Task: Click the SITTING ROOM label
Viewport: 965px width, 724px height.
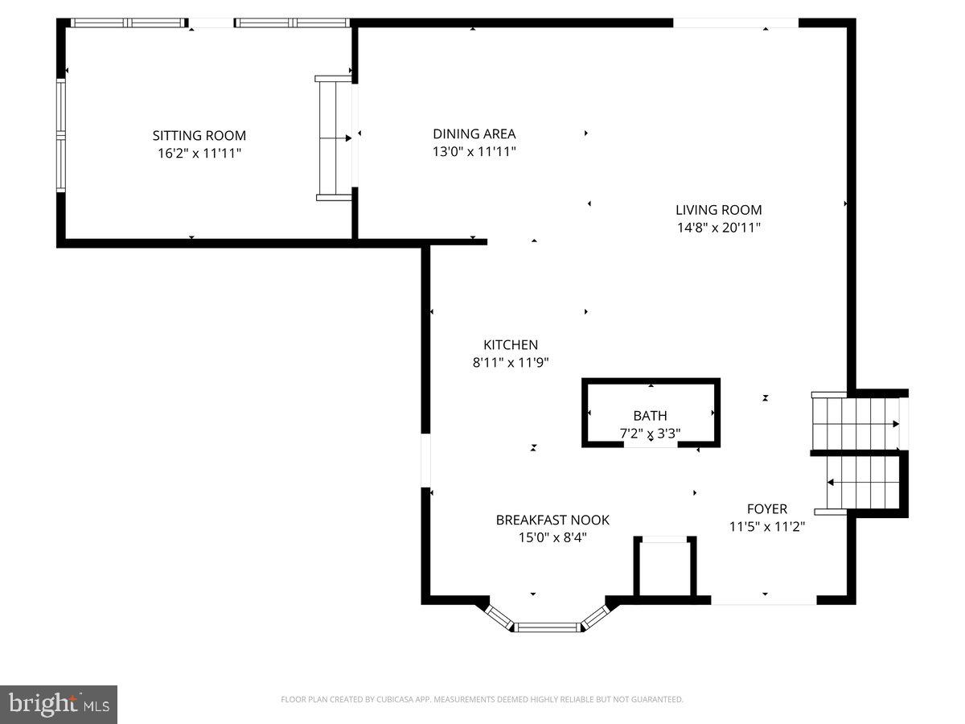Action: [199, 136]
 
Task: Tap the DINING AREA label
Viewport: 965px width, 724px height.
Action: [474, 134]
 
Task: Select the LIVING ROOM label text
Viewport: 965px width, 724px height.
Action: [718, 211]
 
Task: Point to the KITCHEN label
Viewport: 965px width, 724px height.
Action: [511, 345]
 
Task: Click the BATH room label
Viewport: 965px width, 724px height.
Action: [650, 416]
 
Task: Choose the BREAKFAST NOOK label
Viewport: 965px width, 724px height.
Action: [552, 520]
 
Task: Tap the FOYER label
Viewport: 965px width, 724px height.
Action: [766, 509]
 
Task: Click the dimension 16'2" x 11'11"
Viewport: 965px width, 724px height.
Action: [199, 153]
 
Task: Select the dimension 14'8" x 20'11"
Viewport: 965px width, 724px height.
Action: [718, 228]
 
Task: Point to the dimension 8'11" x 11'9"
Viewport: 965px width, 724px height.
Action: [511, 363]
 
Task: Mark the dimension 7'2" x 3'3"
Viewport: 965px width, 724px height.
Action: [650, 433]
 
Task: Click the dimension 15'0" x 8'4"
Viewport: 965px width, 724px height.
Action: [552, 537]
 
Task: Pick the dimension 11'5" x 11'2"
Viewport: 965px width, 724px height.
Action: [766, 527]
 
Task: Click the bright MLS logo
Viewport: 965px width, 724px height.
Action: [59, 705]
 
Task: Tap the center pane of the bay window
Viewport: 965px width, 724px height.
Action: [547, 627]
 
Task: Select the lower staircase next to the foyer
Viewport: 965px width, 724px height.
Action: [860, 483]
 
